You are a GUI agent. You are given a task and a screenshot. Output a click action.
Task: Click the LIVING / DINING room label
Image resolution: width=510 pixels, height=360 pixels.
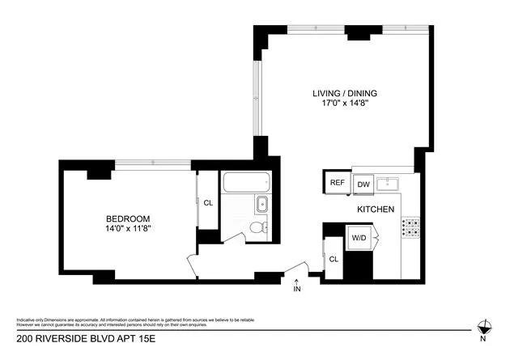coord(345,93)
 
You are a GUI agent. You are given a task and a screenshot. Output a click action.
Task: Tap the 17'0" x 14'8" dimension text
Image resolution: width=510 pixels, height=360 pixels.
coord(345,104)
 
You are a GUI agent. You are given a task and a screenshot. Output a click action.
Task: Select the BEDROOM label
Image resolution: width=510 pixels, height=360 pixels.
coord(128,218)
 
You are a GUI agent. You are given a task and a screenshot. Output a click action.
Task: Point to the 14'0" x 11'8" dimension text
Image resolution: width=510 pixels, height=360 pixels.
coord(128,229)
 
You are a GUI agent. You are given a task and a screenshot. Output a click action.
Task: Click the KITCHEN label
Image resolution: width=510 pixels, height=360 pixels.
coord(376,210)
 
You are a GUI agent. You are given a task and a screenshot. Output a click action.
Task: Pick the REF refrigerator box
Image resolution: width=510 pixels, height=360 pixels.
coord(337,183)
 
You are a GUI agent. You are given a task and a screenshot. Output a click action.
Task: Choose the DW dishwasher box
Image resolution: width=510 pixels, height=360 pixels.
coord(363,184)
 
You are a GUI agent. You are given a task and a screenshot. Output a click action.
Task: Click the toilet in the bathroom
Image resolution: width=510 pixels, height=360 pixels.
coord(257,227)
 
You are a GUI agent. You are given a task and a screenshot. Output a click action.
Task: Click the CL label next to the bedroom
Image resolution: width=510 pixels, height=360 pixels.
coord(208,204)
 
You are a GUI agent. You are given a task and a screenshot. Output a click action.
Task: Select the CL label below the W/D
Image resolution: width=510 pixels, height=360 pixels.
coord(334,260)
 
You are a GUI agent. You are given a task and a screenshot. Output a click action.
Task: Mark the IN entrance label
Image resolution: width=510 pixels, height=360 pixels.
coord(297,289)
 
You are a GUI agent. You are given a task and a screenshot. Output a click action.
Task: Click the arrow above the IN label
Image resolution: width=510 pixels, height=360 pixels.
coord(297,280)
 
